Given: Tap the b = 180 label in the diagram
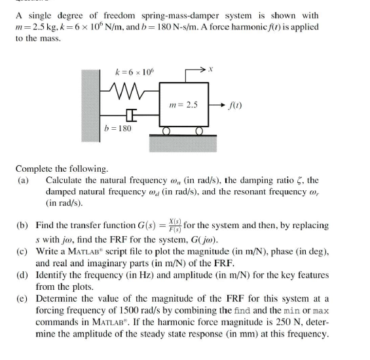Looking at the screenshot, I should [118, 128].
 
